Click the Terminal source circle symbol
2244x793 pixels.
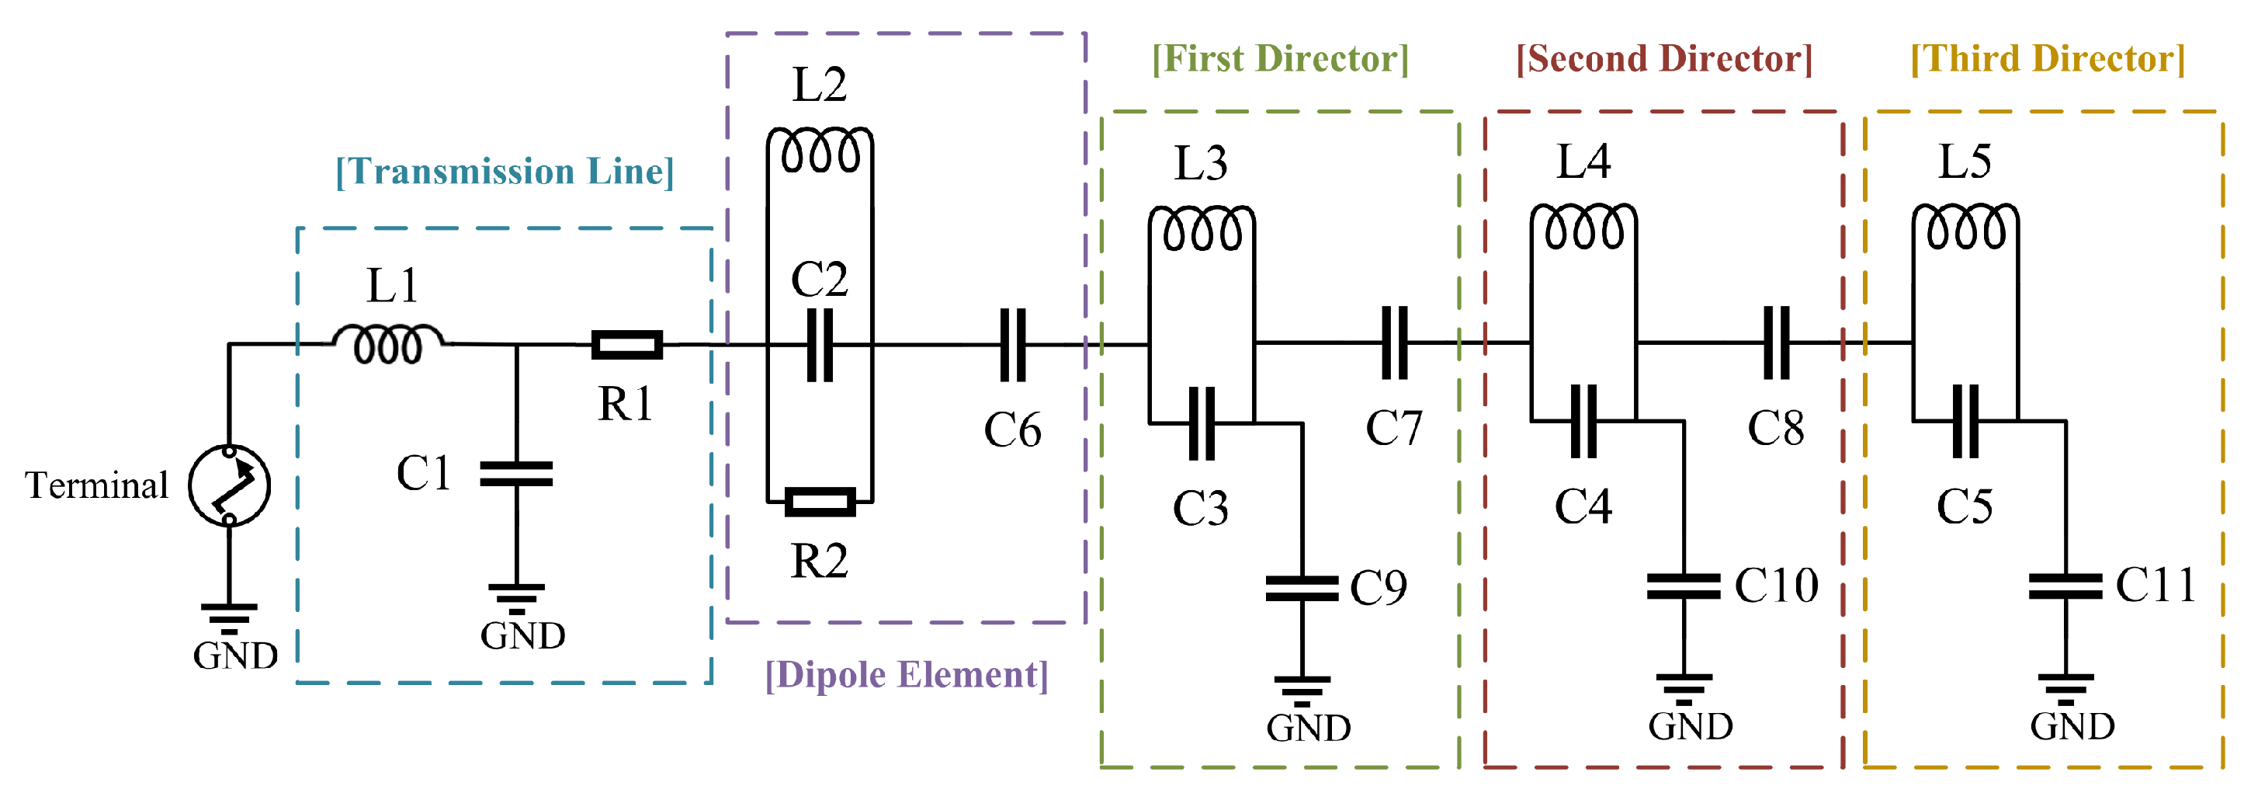pyautogui.click(x=229, y=485)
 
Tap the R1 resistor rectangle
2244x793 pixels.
pyautogui.click(x=626, y=345)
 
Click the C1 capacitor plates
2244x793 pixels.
pyautogui.click(x=517, y=474)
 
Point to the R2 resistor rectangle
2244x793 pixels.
pyautogui.click(x=820, y=502)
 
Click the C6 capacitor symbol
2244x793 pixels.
pyautogui.click(x=1012, y=345)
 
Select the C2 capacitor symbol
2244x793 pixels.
pyautogui.click(x=820, y=345)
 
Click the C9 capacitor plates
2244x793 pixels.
pyautogui.click(x=1302, y=588)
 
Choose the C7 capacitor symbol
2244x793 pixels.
pyautogui.click(x=1395, y=343)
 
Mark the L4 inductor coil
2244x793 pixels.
pyautogui.click(x=1583, y=227)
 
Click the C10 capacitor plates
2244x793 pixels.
pyautogui.click(x=1683, y=586)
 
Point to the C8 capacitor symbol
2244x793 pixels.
pyautogui.click(x=1776, y=343)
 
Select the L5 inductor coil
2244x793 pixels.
pyautogui.click(x=1965, y=227)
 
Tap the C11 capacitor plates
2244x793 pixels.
pyautogui.click(x=2065, y=586)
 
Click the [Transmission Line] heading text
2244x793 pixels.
pyautogui.click(x=505, y=172)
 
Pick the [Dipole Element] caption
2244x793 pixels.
pyautogui.click(x=906, y=676)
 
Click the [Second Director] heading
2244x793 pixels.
pyautogui.click(x=1664, y=59)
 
